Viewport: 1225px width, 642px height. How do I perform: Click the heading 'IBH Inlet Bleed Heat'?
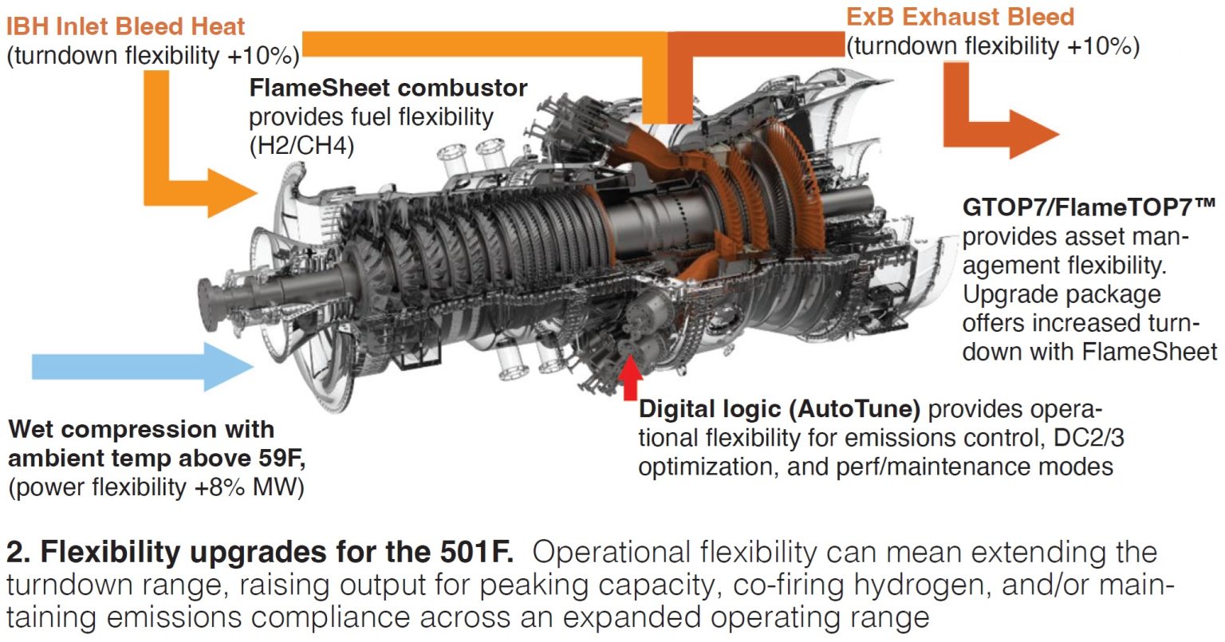(x=125, y=26)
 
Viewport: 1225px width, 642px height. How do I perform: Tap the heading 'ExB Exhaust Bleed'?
(x=960, y=17)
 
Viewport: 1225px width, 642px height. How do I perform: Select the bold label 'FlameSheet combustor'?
(x=388, y=88)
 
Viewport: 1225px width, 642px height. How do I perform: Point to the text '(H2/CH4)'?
(x=302, y=145)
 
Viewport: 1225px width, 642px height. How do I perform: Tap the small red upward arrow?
(x=631, y=377)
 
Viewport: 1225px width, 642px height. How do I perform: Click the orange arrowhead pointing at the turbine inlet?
(x=232, y=192)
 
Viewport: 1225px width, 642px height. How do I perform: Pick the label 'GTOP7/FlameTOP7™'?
(x=1089, y=207)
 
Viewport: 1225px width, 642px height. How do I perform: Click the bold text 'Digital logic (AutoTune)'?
(x=779, y=409)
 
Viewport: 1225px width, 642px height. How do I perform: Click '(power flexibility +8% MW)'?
(x=156, y=487)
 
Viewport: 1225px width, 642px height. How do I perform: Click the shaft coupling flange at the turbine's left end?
(x=209, y=304)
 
